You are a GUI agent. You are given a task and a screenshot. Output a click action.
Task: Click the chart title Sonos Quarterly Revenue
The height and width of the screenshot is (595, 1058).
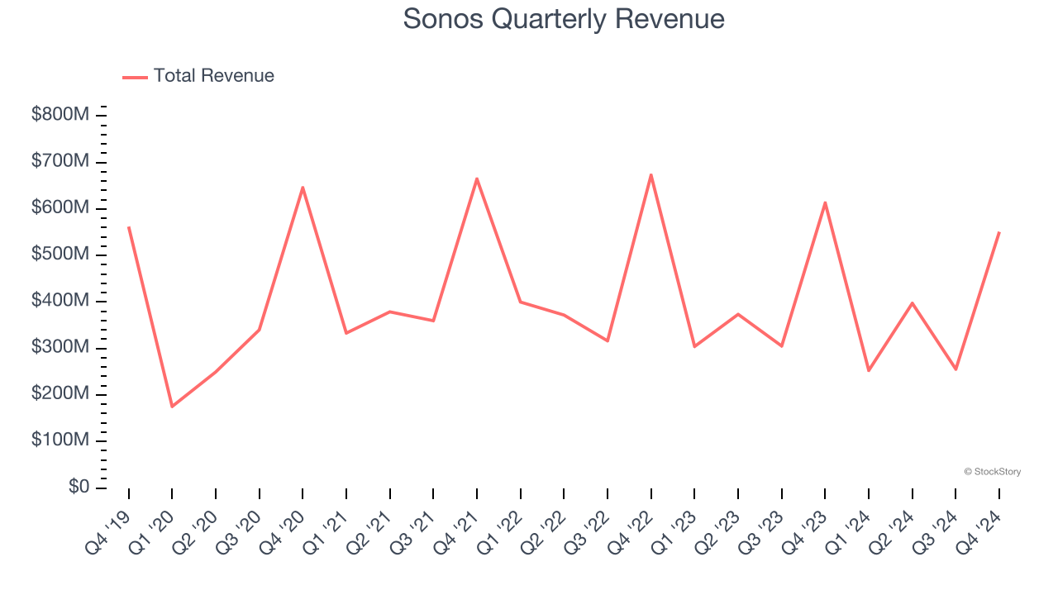564,19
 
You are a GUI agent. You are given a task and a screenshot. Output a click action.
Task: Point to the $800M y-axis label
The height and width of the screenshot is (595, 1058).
60,115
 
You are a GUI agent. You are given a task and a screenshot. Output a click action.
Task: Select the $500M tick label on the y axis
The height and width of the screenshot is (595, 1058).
60,255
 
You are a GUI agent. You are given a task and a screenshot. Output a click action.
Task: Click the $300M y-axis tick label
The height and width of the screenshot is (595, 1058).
60,348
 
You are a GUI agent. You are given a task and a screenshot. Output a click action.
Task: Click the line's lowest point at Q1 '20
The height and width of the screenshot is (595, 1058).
172,407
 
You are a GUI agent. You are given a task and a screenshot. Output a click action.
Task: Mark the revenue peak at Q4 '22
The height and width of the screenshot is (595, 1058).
651,174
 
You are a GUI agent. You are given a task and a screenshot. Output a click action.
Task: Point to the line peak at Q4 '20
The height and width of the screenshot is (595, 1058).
303,187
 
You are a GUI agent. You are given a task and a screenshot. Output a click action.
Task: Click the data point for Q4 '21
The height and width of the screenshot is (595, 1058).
477,178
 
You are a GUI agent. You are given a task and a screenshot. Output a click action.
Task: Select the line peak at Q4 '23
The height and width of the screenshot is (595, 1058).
825,202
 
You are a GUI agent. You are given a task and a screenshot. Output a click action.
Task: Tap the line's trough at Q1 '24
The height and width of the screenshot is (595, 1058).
869,370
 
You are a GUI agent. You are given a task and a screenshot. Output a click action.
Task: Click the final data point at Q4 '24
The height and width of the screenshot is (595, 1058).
999,232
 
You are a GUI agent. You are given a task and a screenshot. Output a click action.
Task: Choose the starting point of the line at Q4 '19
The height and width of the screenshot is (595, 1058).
129,226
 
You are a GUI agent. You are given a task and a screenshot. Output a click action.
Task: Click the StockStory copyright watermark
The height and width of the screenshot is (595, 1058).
992,472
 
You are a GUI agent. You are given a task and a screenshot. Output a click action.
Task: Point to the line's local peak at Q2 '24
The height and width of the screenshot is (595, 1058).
913,303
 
